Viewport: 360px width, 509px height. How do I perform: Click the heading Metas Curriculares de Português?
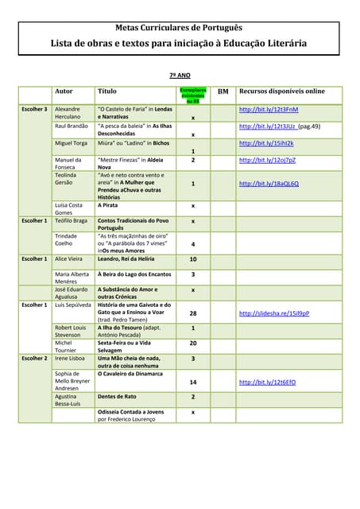179,27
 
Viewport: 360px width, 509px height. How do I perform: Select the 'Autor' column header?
64,91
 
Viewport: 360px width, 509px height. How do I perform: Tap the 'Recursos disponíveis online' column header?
282,91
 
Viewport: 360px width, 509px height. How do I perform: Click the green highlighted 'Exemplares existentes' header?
193,95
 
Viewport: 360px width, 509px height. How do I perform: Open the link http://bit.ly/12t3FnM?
269,109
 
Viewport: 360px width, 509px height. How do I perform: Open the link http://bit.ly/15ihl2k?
266,143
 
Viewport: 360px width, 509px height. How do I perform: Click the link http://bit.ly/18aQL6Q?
269,184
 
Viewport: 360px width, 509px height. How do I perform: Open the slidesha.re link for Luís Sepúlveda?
274,313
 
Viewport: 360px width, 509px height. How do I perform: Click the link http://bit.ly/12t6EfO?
269,382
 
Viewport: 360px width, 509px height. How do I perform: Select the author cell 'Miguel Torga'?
71,143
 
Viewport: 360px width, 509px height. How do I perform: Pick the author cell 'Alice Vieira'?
68,258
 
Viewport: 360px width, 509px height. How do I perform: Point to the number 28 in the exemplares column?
193,313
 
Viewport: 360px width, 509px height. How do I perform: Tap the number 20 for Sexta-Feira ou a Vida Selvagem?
193,343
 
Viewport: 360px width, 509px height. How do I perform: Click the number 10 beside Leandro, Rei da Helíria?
193,259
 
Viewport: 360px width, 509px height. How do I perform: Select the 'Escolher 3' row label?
34,109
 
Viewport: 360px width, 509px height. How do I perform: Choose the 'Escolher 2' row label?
34,359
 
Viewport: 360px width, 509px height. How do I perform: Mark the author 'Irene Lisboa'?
70,359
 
